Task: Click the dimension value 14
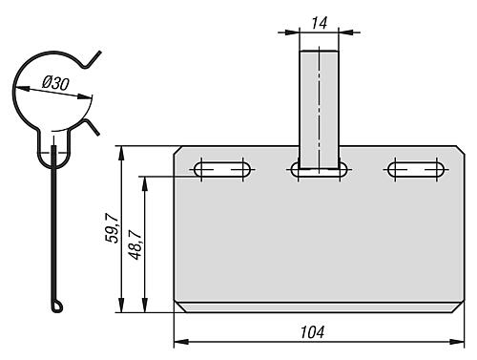(319, 23)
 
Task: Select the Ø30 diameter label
(55, 83)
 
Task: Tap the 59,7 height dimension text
(112, 228)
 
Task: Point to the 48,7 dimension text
(135, 244)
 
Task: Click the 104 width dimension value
(312, 332)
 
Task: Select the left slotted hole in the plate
(222, 169)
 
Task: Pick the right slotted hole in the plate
(416, 169)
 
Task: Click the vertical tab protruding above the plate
(319, 109)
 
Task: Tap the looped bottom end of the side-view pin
(57, 306)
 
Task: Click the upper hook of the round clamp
(93, 60)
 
